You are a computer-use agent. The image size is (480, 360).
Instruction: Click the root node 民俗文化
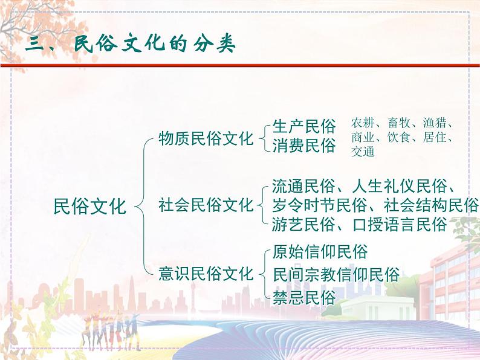90,206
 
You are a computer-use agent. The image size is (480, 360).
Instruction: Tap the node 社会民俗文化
206,205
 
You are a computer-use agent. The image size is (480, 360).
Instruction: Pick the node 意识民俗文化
206,273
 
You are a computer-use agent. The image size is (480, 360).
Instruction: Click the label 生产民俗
303,127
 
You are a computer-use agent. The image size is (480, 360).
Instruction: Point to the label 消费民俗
303,146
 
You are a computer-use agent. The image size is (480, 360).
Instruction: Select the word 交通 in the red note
363,151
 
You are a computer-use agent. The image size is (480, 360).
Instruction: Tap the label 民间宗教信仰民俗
336,274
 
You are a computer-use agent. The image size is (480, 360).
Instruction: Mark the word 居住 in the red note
433,138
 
